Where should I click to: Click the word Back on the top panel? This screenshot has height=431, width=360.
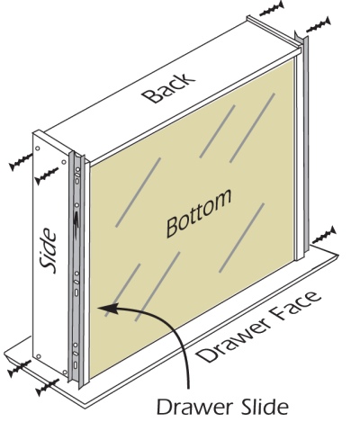168,87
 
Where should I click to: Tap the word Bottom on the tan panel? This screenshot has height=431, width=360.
199,212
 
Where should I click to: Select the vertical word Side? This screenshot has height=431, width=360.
49,251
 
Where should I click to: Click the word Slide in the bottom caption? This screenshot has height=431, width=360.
265,407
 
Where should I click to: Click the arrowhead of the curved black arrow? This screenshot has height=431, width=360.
107,308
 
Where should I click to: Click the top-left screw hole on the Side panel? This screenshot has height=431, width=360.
38,148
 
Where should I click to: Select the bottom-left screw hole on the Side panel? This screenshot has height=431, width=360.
38,356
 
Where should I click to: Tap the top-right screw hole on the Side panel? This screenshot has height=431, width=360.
64,162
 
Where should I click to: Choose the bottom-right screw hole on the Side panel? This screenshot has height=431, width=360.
64,372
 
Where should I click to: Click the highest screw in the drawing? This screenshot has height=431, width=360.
272,9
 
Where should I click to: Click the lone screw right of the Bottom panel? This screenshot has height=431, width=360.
324,236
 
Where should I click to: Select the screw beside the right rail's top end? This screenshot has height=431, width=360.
319,25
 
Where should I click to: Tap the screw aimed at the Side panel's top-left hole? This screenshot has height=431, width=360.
21,162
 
